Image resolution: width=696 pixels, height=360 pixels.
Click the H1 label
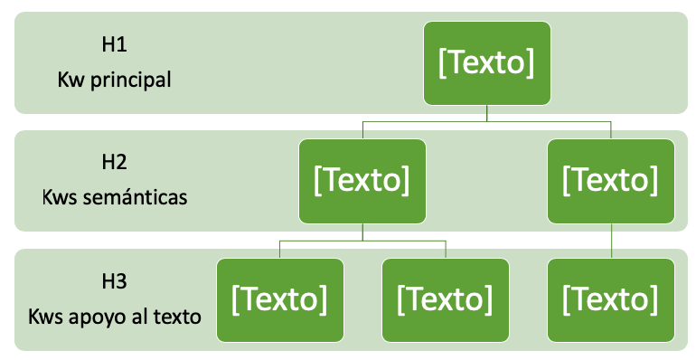click(x=115, y=43)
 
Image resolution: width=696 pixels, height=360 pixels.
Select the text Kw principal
click(x=114, y=79)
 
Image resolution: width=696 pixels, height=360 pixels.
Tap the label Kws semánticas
click(x=114, y=197)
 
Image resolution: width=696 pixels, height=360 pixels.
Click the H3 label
click(x=115, y=280)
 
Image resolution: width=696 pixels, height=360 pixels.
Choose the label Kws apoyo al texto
click(x=114, y=317)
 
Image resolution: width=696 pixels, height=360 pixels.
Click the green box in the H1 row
click(x=486, y=62)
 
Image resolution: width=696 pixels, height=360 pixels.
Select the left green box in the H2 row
click(x=362, y=181)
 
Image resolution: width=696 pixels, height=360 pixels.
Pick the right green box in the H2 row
click(x=611, y=181)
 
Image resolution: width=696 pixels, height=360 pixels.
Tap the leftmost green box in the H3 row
click(x=280, y=299)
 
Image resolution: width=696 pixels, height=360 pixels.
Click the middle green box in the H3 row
click(x=446, y=299)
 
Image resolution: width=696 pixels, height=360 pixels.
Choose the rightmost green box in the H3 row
click(x=611, y=299)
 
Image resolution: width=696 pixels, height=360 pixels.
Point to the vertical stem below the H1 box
click(x=486, y=111)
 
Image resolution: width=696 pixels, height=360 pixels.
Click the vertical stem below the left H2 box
click(x=362, y=232)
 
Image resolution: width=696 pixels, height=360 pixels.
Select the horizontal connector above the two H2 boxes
click(x=486, y=120)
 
